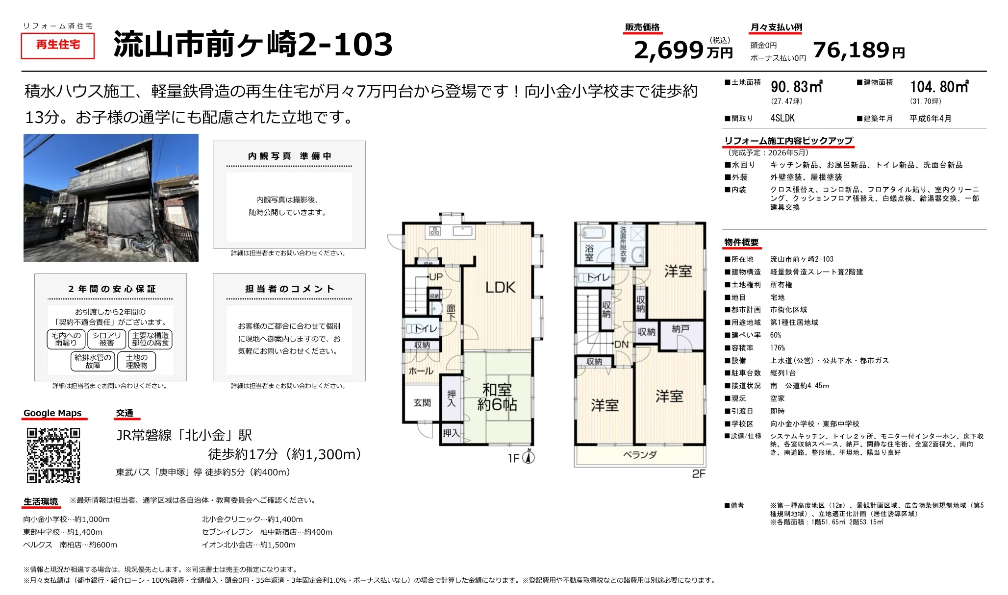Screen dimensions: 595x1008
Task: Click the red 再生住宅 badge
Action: click(58, 45)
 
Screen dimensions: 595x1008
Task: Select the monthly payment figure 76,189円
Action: click(858, 50)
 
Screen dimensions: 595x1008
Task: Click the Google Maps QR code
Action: click(53, 455)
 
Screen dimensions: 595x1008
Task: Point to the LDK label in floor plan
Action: click(500, 288)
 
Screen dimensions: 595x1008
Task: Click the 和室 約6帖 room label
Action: click(497, 397)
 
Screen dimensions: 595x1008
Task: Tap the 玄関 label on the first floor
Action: click(422, 403)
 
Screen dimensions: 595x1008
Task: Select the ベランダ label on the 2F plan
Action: click(639, 455)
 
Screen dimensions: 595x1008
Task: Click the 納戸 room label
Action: click(680, 329)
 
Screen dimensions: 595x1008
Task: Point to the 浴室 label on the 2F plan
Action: click(589, 252)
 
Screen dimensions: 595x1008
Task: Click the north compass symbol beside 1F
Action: click(529, 457)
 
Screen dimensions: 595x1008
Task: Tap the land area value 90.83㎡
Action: click(796, 87)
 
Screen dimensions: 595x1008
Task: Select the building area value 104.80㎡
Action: click(939, 87)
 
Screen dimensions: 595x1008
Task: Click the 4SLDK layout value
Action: click(782, 118)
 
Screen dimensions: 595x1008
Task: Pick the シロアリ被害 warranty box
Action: click(106, 339)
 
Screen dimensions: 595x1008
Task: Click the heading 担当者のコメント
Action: click(289, 289)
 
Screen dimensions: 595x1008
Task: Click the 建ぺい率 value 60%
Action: click(776, 335)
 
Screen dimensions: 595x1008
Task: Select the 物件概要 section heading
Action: click(741, 243)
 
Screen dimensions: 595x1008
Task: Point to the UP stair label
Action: click(436, 277)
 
